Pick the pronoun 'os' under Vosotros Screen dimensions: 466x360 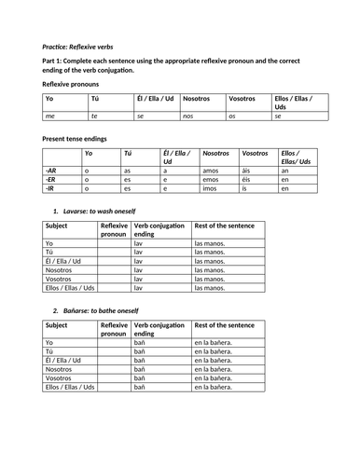[x=233, y=117]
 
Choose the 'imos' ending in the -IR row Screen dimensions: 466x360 [x=211, y=188]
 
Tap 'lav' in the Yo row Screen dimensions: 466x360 [x=139, y=244]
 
